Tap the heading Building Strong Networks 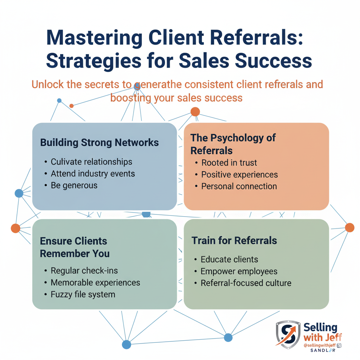click(x=99, y=142)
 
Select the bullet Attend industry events click(x=93, y=174)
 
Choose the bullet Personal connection click(x=239, y=186)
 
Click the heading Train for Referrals click(x=234, y=240)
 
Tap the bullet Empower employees click(x=239, y=271)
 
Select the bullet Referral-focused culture click(x=246, y=283)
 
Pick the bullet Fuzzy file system click(x=83, y=294)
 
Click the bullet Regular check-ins click(x=84, y=271)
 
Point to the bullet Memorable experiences click(x=95, y=282)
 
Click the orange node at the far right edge click(x=349, y=227)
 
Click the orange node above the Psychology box click(x=195, y=112)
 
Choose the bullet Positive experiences click(x=239, y=175)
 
